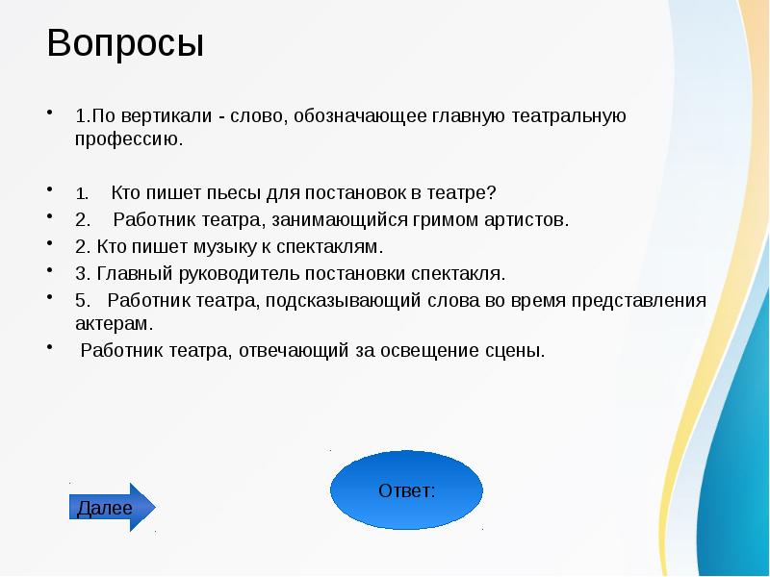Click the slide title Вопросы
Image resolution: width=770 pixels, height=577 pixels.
[125, 45]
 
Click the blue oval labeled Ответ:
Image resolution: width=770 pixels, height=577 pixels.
[406, 490]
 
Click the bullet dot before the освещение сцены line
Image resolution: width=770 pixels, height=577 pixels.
[49, 345]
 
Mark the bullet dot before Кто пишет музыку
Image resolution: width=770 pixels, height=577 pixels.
[49, 241]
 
